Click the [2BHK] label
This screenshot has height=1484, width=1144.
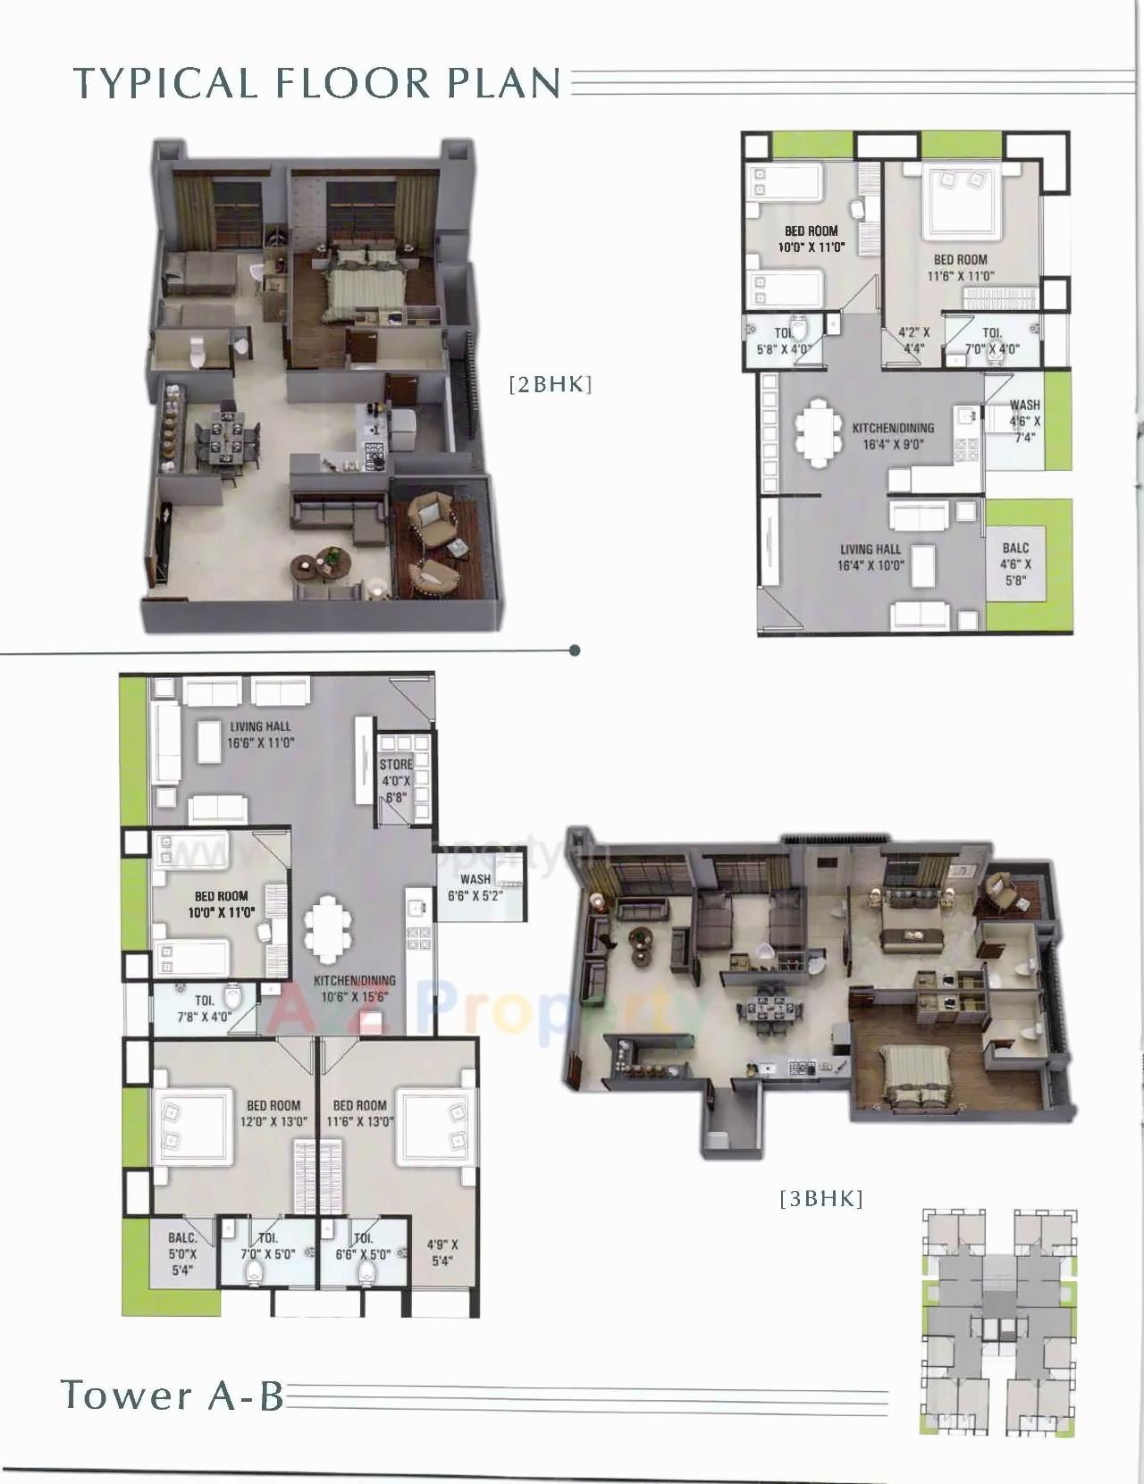tap(550, 384)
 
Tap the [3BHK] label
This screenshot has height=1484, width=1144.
tap(821, 1198)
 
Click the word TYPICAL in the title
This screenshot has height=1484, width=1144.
tap(164, 83)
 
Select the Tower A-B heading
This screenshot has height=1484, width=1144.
tap(172, 1395)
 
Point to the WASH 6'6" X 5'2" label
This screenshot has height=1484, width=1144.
tap(475, 887)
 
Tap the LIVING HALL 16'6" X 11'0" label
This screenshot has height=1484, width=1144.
tap(261, 734)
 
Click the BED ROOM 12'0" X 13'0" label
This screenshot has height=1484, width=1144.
tap(273, 1113)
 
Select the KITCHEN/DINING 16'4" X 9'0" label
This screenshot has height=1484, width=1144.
tap(892, 436)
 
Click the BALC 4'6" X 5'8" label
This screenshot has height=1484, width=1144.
tap(1015, 564)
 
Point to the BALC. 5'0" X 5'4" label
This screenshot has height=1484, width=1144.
tap(182, 1253)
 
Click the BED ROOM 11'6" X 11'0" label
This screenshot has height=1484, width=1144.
tap(960, 267)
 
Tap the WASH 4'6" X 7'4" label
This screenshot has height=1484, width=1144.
tap(1024, 421)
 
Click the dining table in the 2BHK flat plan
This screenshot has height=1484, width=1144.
tap(816, 434)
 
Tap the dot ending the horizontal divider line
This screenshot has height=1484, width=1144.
tap(575, 650)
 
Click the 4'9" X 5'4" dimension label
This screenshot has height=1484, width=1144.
tap(442, 1253)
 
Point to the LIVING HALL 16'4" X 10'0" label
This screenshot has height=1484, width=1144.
tap(871, 558)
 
